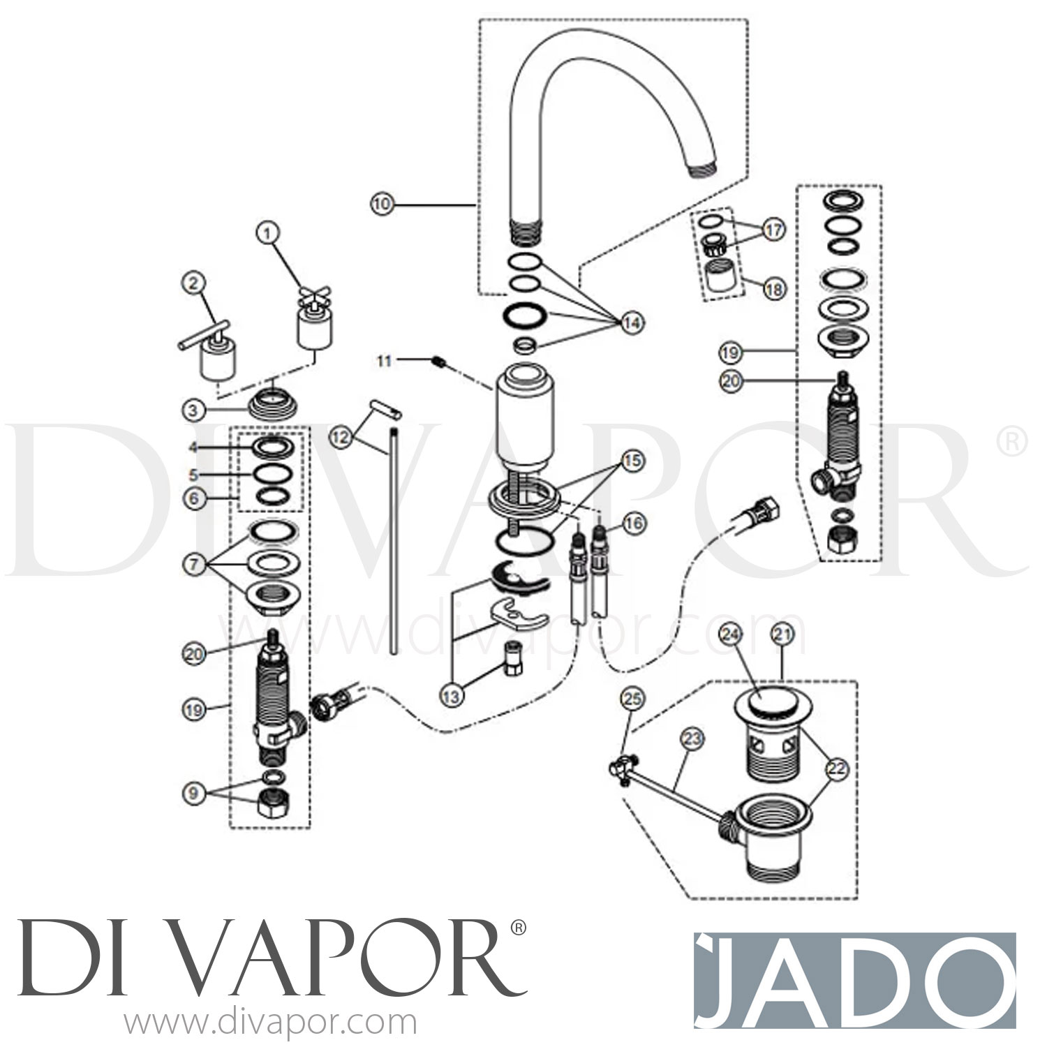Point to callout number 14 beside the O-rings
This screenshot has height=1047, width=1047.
pos(632,323)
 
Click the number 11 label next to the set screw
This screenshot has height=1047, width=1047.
pos(385,360)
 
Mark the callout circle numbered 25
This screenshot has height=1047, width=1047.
pos(635,699)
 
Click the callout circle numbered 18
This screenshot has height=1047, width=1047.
pos(773,288)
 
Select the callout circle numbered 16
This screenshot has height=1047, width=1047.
pos(636,523)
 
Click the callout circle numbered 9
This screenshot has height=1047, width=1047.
pos(195,793)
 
